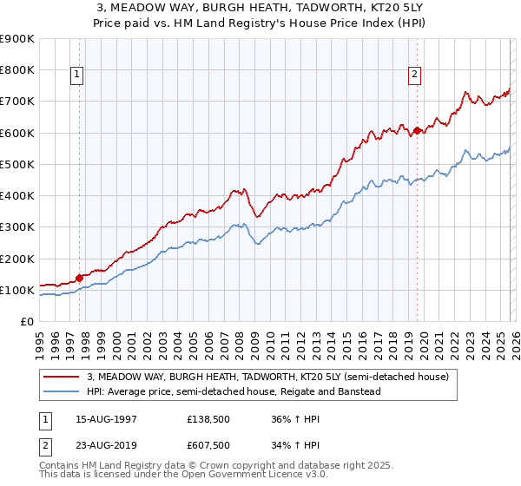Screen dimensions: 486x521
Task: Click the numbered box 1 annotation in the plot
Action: click(77, 76)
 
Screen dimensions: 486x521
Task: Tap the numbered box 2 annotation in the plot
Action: click(415, 76)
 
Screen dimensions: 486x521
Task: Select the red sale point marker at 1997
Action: click(79, 278)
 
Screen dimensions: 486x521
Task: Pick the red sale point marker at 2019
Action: click(417, 130)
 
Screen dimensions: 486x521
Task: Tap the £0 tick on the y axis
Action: click(26, 322)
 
